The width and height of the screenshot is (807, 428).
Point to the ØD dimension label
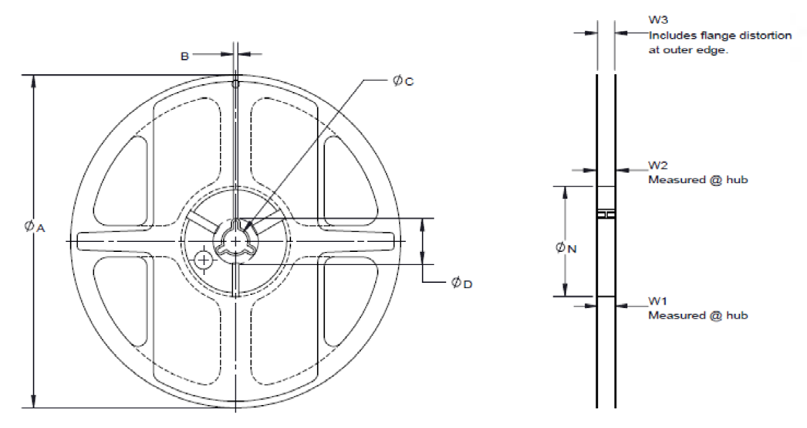click(461, 284)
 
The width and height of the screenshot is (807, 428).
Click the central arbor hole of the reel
click(235, 241)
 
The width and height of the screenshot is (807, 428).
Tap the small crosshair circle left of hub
click(203, 261)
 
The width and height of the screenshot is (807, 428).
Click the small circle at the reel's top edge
click(235, 83)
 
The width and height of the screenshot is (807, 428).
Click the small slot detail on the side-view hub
click(606, 214)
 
